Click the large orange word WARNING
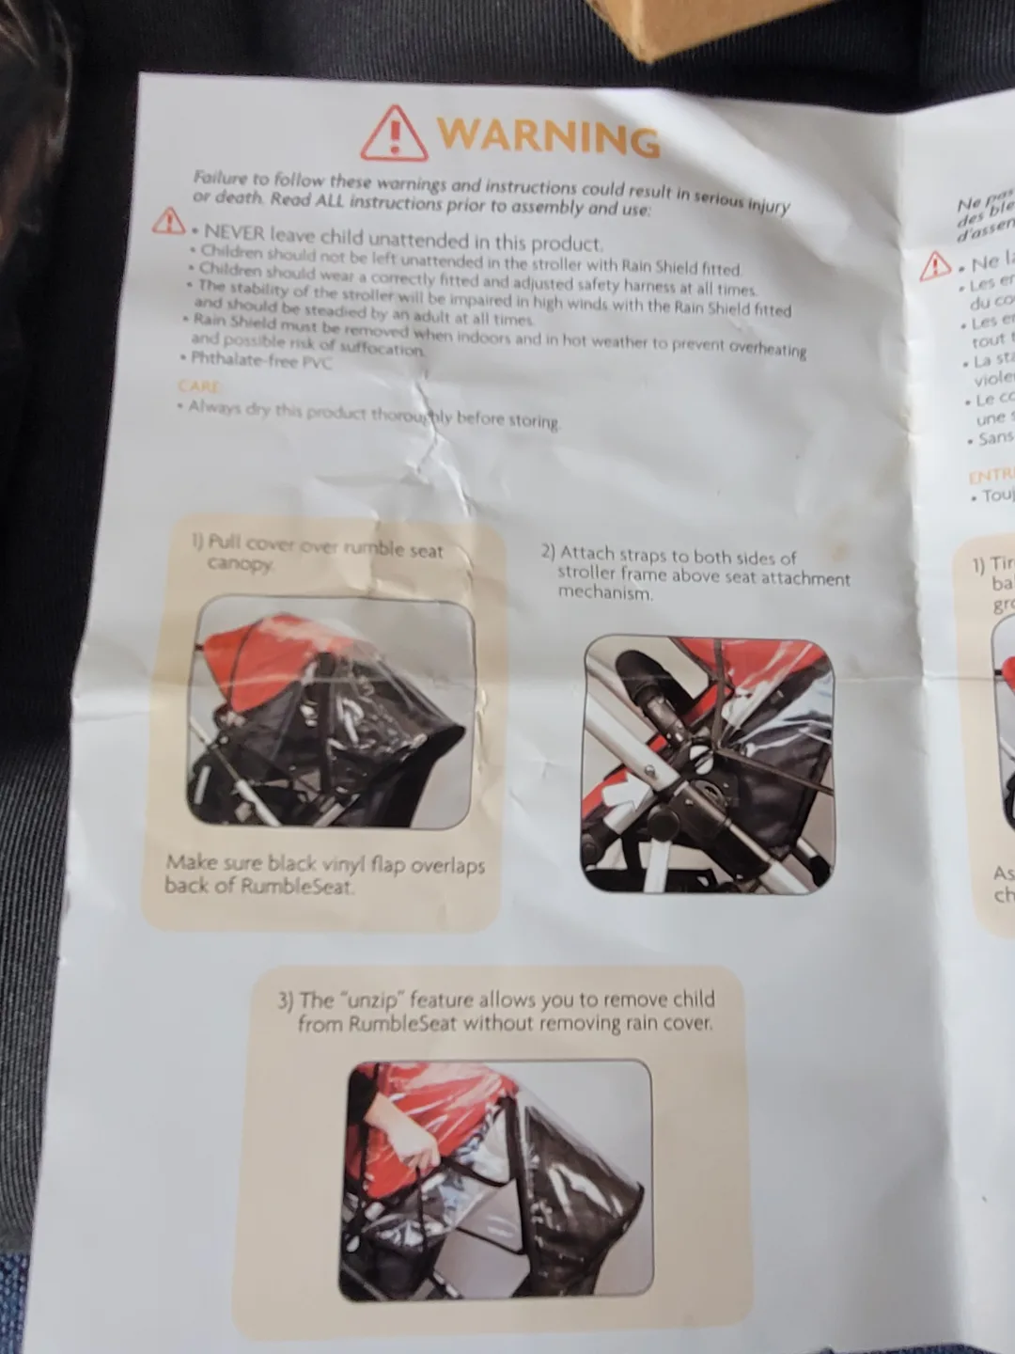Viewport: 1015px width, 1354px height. point(548,136)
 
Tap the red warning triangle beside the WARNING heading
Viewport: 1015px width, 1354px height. point(395,134)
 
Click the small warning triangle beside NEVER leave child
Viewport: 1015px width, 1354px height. point(169,222)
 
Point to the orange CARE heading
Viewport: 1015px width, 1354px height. point(198,386)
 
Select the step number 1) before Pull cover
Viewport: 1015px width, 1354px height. point(197,541)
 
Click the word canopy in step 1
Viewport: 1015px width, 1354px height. point(240,564)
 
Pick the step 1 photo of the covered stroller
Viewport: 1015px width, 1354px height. point(331,713)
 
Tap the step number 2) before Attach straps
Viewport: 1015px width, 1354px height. point(548,552)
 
